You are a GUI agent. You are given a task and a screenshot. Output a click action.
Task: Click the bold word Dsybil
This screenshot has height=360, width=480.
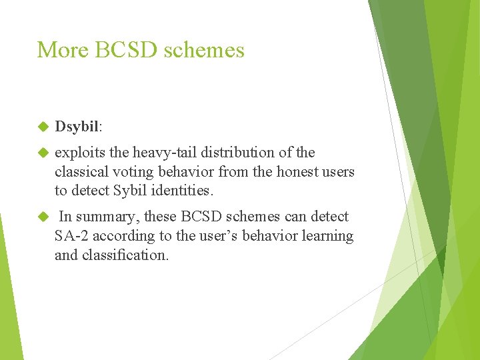click(x=77, y=126)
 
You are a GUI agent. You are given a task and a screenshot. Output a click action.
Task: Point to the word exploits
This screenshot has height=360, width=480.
click(x=76, y=153)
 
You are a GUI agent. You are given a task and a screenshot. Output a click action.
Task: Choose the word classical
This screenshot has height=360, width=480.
click(x=81, y=171)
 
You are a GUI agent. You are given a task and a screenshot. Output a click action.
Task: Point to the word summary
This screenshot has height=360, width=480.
click(x=106, y=217)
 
